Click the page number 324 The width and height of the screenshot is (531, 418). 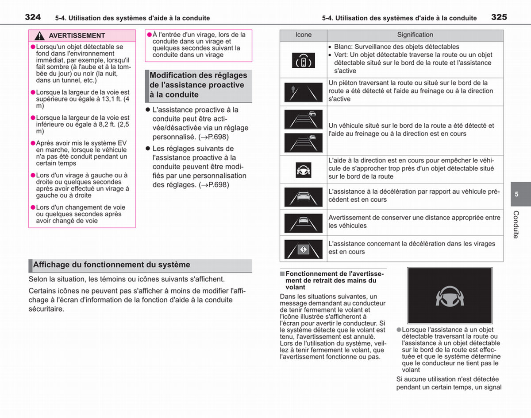click(33, 17)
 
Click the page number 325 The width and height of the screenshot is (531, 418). click(499, 17)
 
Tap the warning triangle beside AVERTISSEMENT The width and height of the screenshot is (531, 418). click(39, 36)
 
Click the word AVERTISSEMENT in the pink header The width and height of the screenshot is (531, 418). click(77, 36)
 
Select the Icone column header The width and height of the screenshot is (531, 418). click(303, 35)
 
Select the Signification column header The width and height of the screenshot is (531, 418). click(415, 35)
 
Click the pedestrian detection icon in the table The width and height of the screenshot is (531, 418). click(303, 92)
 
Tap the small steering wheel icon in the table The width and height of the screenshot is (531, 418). click(303, 170)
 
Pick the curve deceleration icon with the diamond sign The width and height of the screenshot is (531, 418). click(303, 250)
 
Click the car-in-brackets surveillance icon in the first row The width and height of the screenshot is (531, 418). click(303, 60)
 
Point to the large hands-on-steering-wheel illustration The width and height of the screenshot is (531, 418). click(450, 295)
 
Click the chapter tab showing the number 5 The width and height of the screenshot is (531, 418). click(521, 194)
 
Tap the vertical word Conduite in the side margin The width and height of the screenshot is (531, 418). click(516, 224)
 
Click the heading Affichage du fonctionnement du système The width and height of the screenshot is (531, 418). click(112, 265)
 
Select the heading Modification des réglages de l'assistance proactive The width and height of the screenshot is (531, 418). click(198, 85)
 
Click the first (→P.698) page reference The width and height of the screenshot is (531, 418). click(214, 137)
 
